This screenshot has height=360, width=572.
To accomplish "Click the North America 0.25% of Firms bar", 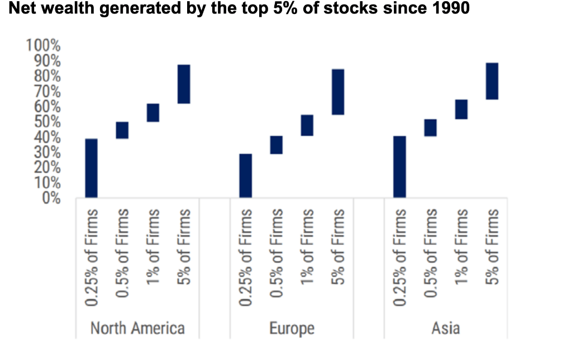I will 91,168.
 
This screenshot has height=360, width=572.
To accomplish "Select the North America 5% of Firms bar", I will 184,84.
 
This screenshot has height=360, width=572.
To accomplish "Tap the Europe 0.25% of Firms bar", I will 245,176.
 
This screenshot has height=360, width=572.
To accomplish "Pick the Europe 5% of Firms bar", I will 337,92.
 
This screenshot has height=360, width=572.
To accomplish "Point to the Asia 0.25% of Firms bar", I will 399,167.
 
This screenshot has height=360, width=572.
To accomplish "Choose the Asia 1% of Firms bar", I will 461,109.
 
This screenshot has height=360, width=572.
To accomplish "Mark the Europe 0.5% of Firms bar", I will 276,145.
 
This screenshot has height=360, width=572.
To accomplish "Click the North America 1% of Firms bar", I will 153,112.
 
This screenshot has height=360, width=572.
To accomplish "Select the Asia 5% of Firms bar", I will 492,81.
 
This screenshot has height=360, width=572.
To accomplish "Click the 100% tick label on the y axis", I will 43,45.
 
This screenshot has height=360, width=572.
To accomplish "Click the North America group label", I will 137,328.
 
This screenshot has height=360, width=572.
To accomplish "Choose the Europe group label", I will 292,328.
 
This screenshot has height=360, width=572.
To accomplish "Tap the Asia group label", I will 445,328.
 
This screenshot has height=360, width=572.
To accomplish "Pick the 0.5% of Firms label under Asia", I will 430,258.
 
